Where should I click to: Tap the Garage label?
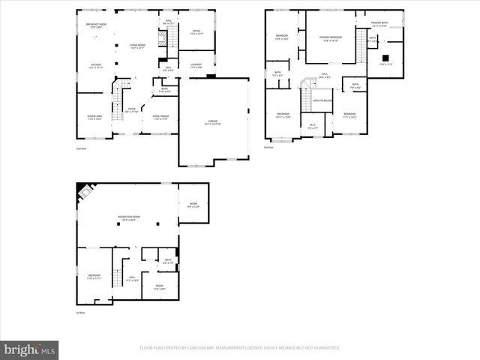[x=214, y=121]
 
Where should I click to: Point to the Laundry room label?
[x=196, y=66]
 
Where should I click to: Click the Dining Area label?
[x=94, y=118]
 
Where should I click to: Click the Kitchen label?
[x=96, y=66]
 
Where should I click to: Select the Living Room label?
[x=136, y=46]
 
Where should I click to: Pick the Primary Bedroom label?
[x=331, y=37]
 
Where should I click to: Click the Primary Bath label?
[x=379, y=23]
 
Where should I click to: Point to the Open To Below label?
[x=322, y=100]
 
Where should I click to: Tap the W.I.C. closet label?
[x=313, y=126]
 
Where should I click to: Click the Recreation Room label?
[x=130, y=218]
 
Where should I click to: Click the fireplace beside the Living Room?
[x=211, y=76]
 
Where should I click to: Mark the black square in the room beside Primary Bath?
[x=385, y=58]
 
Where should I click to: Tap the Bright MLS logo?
[x=30, y=349]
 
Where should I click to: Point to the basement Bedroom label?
[x=94, y=277]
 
